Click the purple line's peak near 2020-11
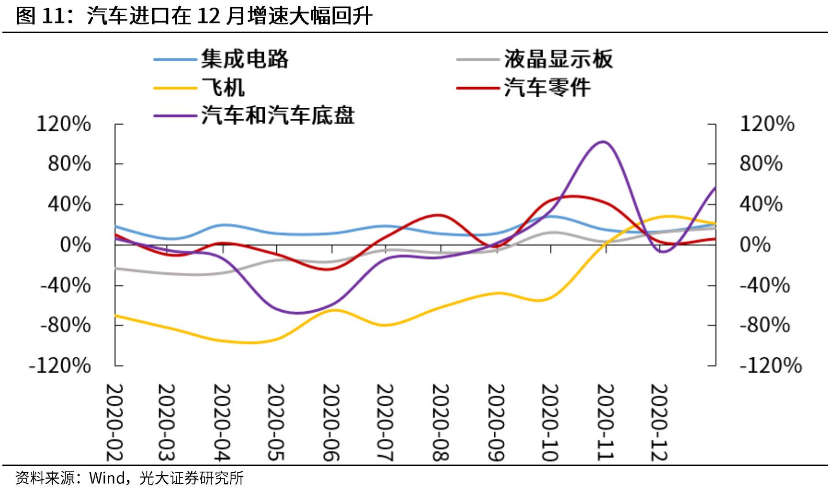point(602,142)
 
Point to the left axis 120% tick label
point(64,124)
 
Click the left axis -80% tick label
point(66,326)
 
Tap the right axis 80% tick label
point(761,164)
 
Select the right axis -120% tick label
point(771,366)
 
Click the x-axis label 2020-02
point(114,422)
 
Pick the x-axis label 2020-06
point(331,422)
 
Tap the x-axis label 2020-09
point(496,422)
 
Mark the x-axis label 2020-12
point(659,422)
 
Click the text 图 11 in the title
point(39,16)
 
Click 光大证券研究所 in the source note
point(192,478)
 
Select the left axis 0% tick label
point(75,245)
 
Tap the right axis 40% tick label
point(761,205)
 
